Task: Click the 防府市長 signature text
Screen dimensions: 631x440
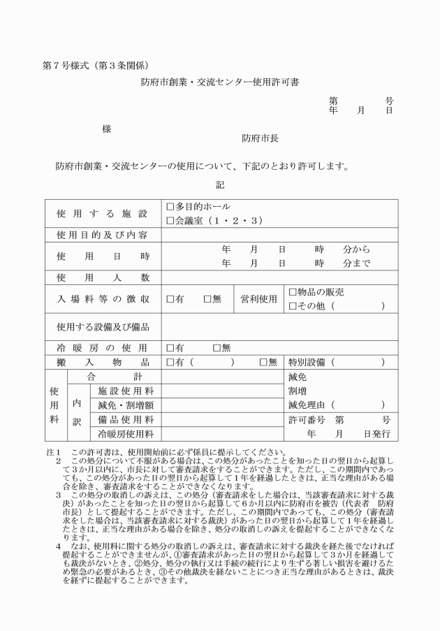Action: point(261,138)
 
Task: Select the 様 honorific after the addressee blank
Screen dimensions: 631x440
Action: point(106,129)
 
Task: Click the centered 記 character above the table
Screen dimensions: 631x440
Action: point(220,185)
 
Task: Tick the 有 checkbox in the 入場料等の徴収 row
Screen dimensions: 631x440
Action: point(170,299)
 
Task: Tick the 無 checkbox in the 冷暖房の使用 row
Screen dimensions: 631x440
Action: point(217,347)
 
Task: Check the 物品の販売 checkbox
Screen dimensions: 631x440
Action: point(293,292)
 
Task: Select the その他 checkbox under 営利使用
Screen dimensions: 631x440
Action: point(293,306)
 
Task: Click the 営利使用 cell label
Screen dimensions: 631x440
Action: point(259,299)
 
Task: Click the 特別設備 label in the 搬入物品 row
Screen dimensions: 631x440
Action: point(307,362)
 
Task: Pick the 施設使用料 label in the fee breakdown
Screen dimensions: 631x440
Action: point(126,391)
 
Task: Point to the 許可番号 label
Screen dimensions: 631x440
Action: point(307,420)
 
